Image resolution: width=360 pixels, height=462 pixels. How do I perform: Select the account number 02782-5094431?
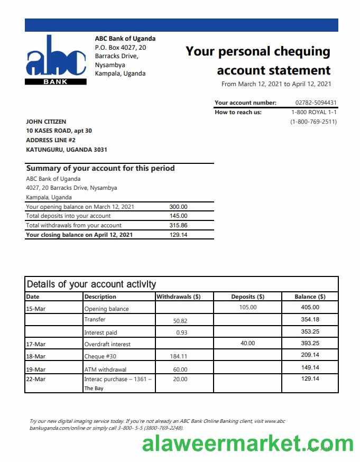point(316,103)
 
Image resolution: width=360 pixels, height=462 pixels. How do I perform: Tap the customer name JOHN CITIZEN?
point(46,122)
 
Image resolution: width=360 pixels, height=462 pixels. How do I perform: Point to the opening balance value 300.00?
point(178,207)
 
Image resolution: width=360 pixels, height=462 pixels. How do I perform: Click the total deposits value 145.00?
point(178,216)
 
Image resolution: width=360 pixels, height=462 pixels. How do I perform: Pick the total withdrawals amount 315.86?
point(178,225)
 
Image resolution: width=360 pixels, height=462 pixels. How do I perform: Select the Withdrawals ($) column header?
point(178,297)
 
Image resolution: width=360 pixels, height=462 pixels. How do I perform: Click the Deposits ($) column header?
point(247,297)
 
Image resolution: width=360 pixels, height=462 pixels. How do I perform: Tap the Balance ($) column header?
point(310,297)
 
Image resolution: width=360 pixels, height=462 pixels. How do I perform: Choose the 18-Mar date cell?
point(36,356)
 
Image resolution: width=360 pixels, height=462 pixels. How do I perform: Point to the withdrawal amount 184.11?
point(180,356)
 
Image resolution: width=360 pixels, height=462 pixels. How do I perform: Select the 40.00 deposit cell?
point(247,343)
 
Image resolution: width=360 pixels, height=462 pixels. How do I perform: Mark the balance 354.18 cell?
point(310,319)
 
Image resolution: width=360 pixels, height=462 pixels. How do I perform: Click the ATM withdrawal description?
point(105,369)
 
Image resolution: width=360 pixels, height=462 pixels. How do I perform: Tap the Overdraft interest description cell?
point(107,344)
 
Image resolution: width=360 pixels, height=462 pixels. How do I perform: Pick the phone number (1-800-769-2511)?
point(313,122)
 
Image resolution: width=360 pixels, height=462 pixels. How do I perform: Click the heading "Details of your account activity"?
point(91,284)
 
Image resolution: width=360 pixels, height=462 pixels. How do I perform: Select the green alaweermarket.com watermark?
point(247,443)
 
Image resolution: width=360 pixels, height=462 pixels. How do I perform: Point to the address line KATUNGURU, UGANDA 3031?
point(67,150)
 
